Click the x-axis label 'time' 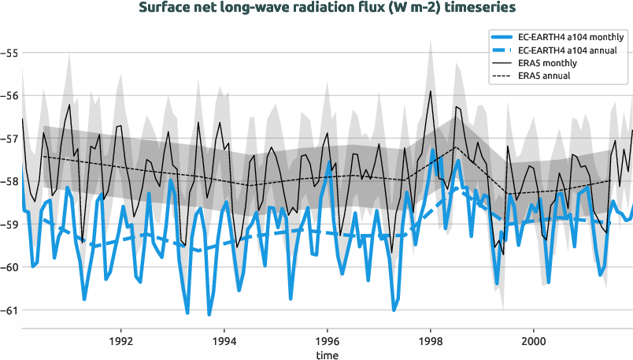(328, 354)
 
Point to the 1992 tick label (120, 342)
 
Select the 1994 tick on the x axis (224, 342)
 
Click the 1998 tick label (431, 342)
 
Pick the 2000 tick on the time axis (534, 342)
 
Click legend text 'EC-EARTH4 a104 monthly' (572, 37)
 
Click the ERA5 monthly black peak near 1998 (431, 91)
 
